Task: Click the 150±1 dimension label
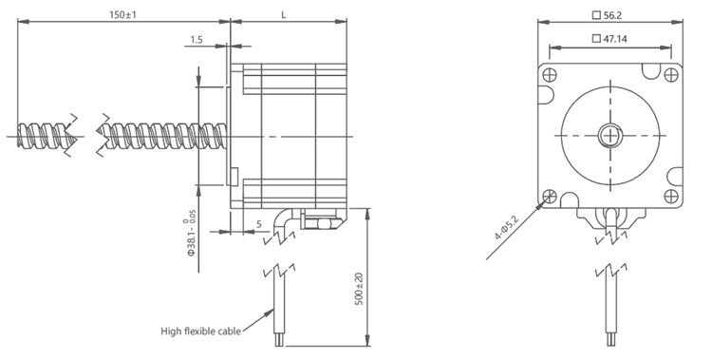122,14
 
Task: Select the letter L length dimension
283,14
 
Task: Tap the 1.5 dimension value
197,40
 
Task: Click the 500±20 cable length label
359,289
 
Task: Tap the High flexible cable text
200,332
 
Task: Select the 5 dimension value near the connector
259,224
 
